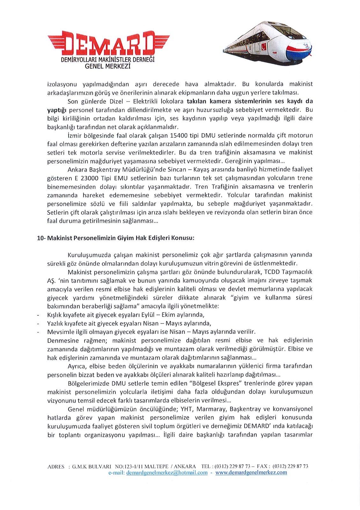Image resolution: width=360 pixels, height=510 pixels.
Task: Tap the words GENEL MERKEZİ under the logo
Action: click(108, 66)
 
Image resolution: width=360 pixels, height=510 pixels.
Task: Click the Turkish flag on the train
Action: click(263, 47)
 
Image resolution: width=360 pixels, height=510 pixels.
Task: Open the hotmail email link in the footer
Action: click(167, 473)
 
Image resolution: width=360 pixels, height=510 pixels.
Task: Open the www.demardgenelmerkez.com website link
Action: click(251, 473)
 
